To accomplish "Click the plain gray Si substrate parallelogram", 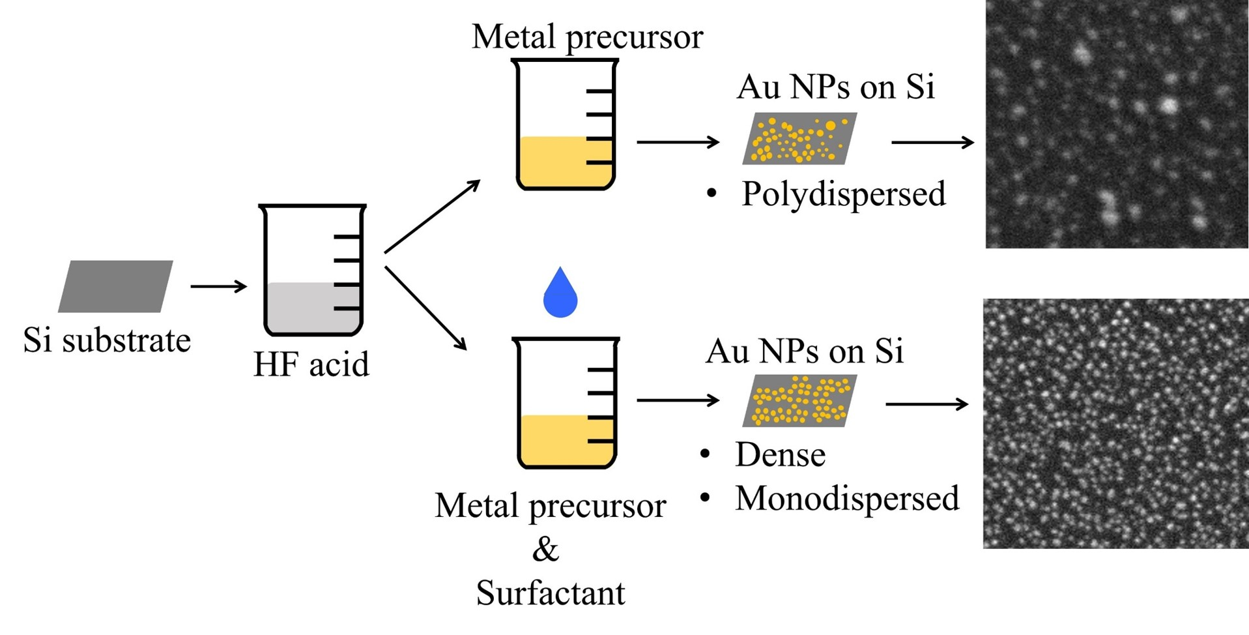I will pyautogui.click(x=115, y=286).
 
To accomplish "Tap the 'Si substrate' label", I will pyautogui.click(x=107, y=340).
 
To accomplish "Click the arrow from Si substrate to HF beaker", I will pyautogui.click(x=218, y=286).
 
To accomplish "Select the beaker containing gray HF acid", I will pyautogui.click(x=312, y=271).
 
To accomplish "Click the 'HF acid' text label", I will pyautogui.click(x=311, y=364).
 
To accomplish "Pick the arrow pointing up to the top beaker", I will pyautogui.click(x=432, y=216).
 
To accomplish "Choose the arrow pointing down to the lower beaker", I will pyautogui.click(x=426, y=308).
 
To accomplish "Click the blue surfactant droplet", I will pyautogui.click(x=560, y=295).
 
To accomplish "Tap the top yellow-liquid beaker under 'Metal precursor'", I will pyautogui.click(x=565, y=125).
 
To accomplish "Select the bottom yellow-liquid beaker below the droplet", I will pyautogui.click(x=565, y=404).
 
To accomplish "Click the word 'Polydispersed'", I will pyautogui.click(x=843, y=194).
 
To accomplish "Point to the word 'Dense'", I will pyautogui.click(x=780, y=455).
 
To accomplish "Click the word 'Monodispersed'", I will pyautogui.click(x=847, y=499).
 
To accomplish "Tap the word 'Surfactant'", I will pyautogui.click(x=551, y=593).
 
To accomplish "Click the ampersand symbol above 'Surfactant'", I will pyautogui.click(x=545, y=550).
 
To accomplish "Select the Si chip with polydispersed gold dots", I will pyautogui.click(x=799, y=138).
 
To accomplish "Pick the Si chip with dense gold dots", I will pyautogui.click(x=799, y=401).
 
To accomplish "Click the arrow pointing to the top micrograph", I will pyautogui.click(x=932, y=142).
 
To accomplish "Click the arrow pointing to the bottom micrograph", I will pyautogui.click(x=926, y=405).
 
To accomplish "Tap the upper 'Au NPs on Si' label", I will pyautogui.click(x=836, y=87).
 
